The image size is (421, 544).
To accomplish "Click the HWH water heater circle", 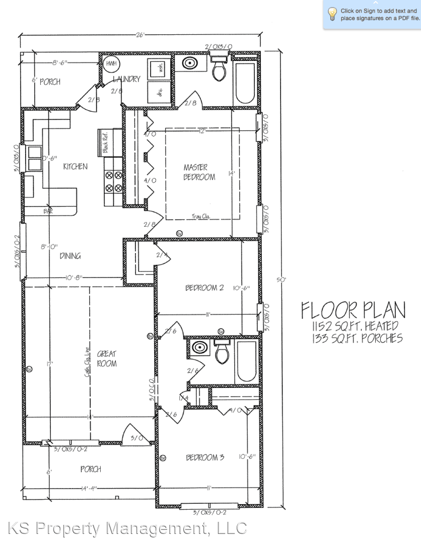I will point(110,64).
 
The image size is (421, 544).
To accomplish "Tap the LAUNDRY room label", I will point(126,79).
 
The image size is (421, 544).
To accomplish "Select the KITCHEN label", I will point(75,166).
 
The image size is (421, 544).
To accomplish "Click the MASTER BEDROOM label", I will point(199,172).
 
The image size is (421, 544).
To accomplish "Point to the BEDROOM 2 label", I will point(204,288).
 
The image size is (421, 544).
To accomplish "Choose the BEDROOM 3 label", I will point(204,457).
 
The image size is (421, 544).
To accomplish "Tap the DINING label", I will point(70,256).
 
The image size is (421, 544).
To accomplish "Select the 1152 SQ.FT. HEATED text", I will point(355,326).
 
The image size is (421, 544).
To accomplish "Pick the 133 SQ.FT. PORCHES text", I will point(357,338).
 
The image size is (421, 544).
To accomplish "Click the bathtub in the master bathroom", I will point(245,83).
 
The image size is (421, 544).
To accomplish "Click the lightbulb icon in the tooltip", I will point(332,14).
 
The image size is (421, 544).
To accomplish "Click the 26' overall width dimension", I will point(140,35).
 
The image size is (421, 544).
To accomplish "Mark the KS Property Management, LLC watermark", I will point(127,528).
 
